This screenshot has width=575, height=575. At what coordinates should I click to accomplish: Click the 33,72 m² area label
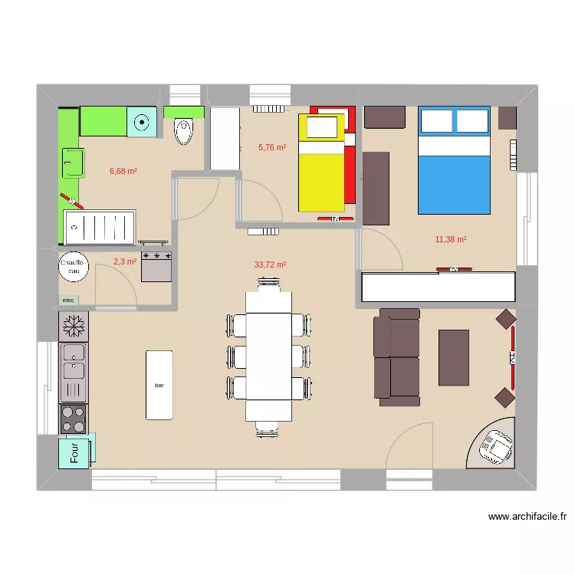270,265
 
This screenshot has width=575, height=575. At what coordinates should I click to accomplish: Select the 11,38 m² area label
451,239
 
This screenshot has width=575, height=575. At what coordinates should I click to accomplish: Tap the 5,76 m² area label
272,147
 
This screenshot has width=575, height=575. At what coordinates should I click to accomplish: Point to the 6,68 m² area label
123,171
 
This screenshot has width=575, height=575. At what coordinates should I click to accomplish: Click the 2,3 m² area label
124,261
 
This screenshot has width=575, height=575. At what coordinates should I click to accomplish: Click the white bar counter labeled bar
159,385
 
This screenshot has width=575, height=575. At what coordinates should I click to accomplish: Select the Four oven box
77,451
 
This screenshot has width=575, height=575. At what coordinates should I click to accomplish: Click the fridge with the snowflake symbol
74,327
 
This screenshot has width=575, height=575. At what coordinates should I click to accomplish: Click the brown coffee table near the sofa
453,356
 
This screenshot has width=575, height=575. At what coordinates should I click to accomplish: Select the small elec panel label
68,300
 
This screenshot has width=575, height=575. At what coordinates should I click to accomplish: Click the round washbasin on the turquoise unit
142,121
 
